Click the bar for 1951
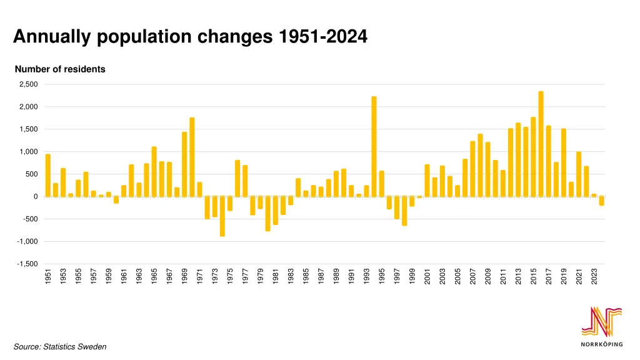(48, 176)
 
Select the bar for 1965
(154, 172)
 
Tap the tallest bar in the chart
(541, 144)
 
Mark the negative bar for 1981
(275, 211)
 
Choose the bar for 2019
(564, 162)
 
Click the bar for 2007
(472, 169)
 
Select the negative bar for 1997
(397, 207)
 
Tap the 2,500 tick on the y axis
(29, 84)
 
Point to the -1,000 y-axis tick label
(28, 241)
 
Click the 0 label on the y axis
(36, 196)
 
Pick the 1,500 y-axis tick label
(29, 129)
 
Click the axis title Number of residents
(60, 69)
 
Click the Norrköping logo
(601, 327)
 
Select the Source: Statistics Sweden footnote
(60, 346)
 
